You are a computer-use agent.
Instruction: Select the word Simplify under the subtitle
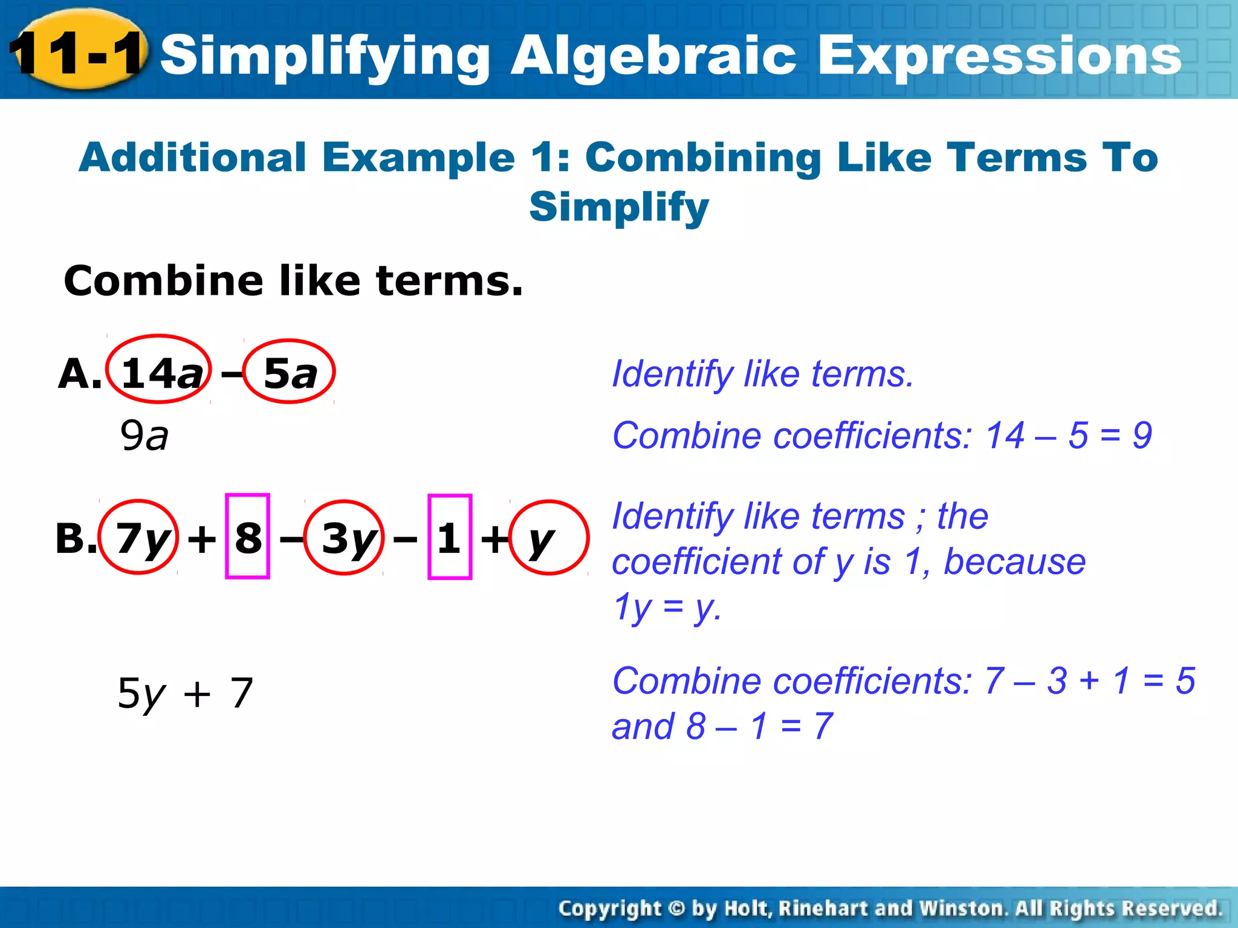[618, 207]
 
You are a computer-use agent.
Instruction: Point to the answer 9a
[144, 436]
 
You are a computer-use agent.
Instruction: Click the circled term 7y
[139, 538]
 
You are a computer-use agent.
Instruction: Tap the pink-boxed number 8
[248, 537]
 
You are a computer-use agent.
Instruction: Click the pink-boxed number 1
[449, 537]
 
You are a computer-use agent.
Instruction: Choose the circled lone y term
[547, 538]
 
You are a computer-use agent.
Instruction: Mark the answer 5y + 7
[185, 693]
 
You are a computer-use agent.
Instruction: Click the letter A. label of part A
[80, 373]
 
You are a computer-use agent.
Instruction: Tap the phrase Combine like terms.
[293, 281]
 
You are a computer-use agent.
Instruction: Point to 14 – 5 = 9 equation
[1069, 435]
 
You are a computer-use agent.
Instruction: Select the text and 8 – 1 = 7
[722, 726]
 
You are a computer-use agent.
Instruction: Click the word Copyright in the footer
[610, 909]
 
